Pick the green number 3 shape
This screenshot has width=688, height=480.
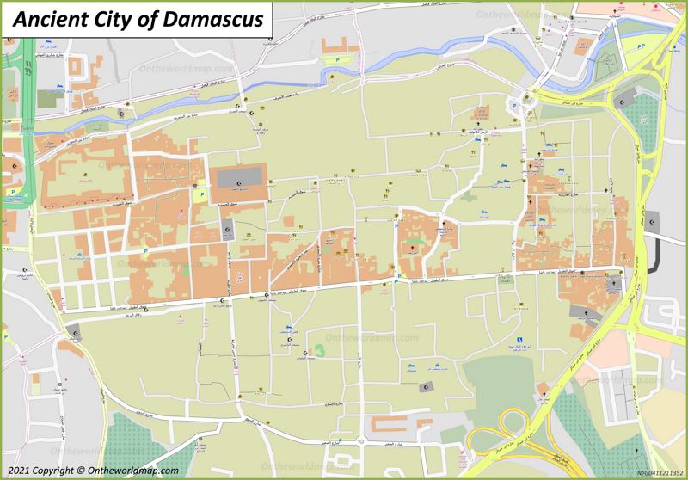click(x=319, y=350)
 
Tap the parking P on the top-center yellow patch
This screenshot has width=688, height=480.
click(x=336, y=60)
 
